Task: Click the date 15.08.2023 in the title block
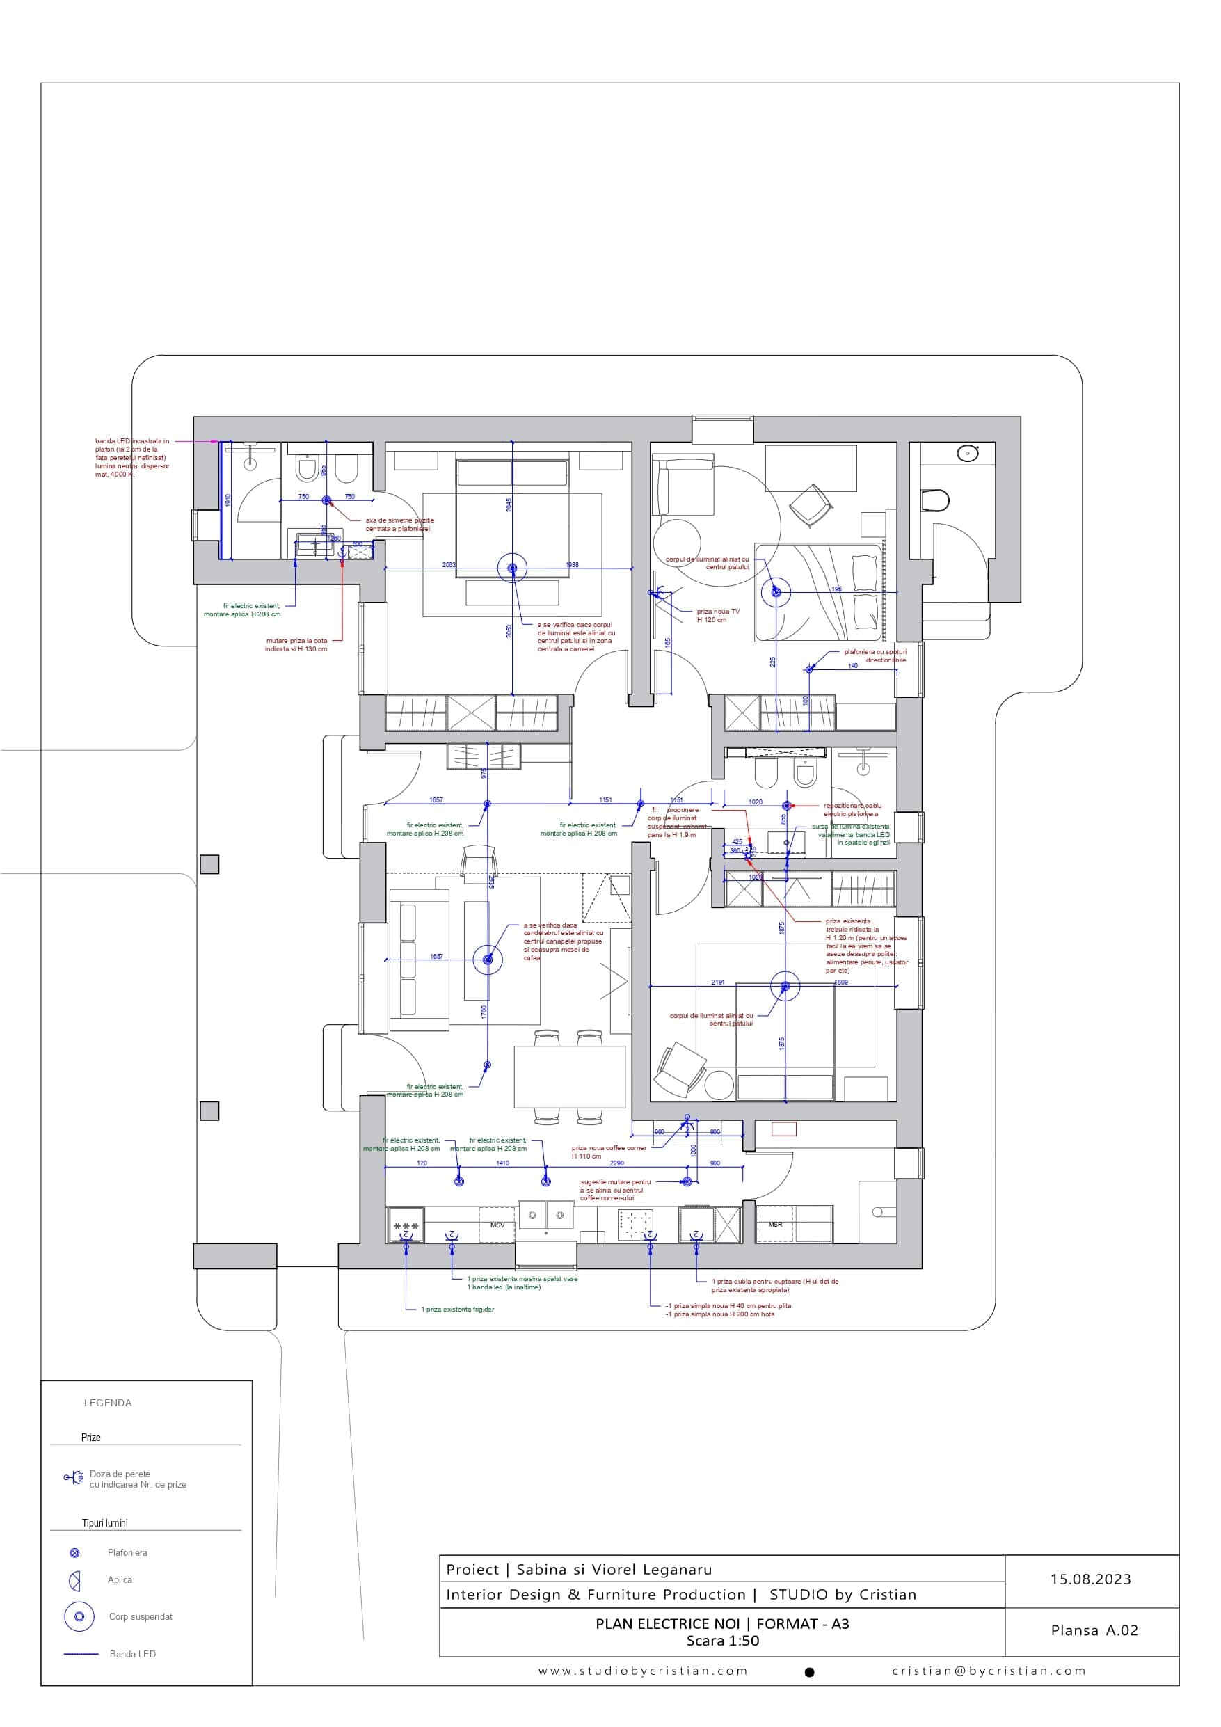1090,1579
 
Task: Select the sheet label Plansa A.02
1094,1631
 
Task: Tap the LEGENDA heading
108,1403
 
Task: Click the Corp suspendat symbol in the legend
79,1616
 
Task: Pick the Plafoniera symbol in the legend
74,1552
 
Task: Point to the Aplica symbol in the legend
74,1581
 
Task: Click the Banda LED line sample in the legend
81,1654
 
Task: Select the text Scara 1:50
722,1641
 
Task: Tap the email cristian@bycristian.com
989,1671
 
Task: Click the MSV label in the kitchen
497,1225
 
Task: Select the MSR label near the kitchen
775,1225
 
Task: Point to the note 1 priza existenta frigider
456,1310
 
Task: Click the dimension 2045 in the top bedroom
509,504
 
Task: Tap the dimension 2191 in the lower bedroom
718,982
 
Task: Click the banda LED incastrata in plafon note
131,457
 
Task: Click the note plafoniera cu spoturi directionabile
875,656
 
